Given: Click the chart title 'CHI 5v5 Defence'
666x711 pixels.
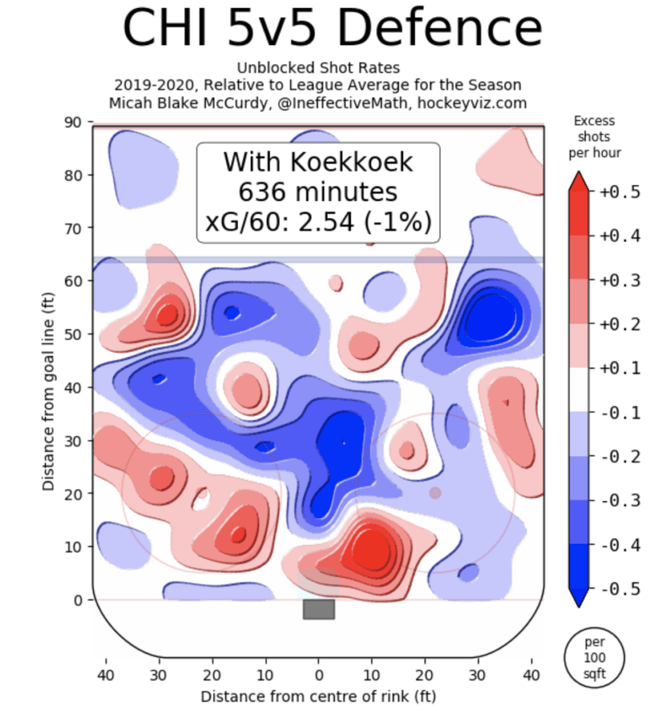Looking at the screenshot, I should (332, 29).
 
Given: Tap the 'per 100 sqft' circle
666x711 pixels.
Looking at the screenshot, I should (594, 658).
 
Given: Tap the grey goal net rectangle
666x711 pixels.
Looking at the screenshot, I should (319, 610).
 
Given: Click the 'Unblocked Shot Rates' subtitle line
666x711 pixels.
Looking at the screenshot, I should (319, 68).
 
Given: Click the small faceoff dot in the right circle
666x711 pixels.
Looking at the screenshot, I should (435, 492).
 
